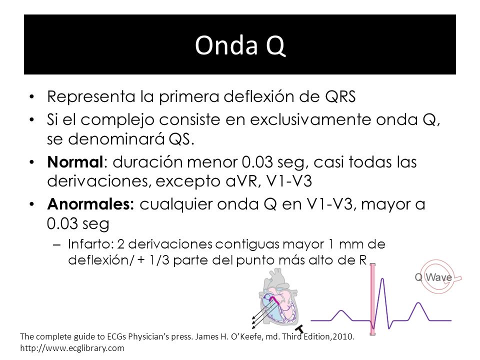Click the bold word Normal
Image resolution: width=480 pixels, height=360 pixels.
pos(75,162)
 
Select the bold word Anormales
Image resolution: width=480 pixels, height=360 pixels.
pos(90,204)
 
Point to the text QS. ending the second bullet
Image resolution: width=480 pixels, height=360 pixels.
pos(182,139)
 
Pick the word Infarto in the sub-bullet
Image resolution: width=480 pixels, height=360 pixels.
pos(91,244)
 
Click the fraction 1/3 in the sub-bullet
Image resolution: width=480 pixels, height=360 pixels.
pos(159,260)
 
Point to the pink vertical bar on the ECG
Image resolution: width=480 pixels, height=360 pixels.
pos(372,299)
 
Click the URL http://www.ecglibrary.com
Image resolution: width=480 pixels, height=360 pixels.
pos(72,348)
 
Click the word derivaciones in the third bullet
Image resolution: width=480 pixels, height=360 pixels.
pos(99,181)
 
